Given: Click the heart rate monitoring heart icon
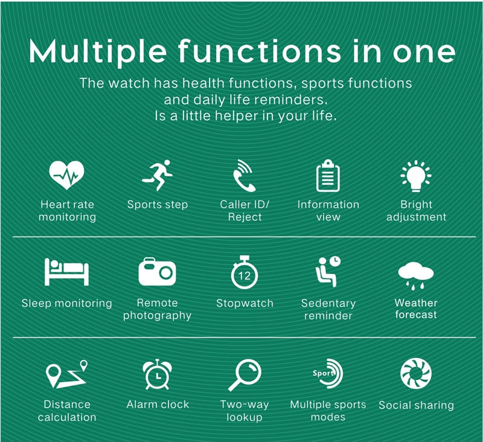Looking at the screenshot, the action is coord(66,175).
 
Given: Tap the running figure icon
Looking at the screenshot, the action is coord(158,175).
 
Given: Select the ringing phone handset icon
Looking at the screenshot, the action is coord(243,176).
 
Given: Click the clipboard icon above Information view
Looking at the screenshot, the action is coord(328,176).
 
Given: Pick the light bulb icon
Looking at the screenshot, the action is coord(416,176).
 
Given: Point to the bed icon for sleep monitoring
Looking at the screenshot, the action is coord(66,272).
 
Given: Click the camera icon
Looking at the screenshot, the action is coord(157,272).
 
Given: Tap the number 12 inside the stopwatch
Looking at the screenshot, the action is coord(245,275).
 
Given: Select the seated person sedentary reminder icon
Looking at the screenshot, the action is coord(328,271).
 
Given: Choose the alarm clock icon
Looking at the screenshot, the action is coord(158,374).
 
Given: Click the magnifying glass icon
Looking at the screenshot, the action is coord(245,375).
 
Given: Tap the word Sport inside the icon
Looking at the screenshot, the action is coord(323,374).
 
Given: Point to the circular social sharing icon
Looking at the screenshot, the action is coord(416,373).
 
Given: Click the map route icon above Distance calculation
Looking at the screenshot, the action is coord(66,374).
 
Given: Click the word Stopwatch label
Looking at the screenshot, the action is coord(245,303).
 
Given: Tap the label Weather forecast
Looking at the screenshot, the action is coord(416,309).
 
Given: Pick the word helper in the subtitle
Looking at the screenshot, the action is coord(236,116).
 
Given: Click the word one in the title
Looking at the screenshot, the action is coord(424,53).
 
